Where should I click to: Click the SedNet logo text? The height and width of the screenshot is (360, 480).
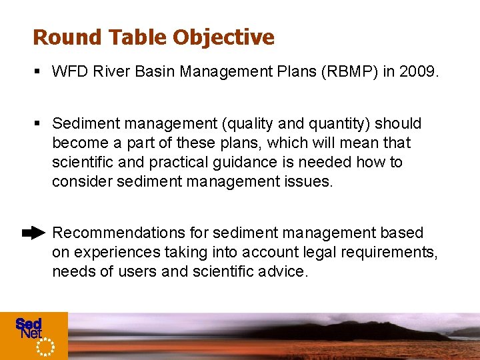click(x=28, y=327)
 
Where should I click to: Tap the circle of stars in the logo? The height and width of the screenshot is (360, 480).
click(x=45, y=346)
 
